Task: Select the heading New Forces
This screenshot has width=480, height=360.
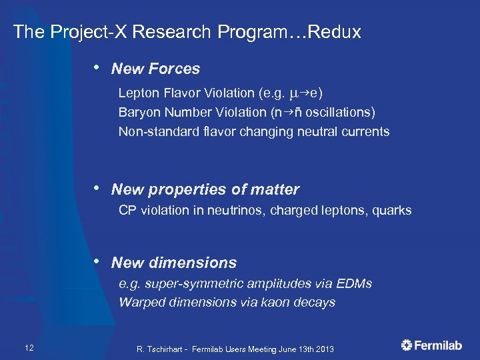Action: (x=155, y=69)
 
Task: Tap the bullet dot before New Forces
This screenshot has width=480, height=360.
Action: (x=98, y=67)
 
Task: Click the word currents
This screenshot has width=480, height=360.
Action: (x=365, y=131)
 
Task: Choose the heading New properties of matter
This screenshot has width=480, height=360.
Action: (x=205, y=190)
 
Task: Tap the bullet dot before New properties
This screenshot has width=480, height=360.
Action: (x=98, y=189)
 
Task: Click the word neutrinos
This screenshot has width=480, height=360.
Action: (x=250, y=211)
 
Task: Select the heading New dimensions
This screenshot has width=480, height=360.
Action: (x=174, y=263)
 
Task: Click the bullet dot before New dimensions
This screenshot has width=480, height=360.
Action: (x=98, y=261)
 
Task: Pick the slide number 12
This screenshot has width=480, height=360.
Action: (x=29, y=347)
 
